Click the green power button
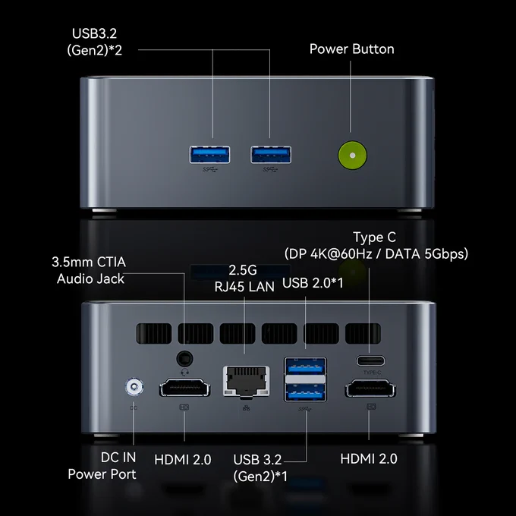pos(352,156)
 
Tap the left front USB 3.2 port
pos(209,155)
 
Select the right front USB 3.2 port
pos(271,155)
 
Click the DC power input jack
pos(134,387)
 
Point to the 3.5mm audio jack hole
pos(184,358)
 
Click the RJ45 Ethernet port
pos(247,381)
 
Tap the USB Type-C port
pos(370,360)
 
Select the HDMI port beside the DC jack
pos(184,388)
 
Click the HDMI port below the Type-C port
pos(370,389)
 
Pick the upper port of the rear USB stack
pos(305,366)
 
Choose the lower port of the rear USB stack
pos(305,392)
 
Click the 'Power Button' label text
pos(352,49)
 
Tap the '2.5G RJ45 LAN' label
pos(244,278)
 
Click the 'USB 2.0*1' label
pos(313,283)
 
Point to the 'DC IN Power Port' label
pos(102,466)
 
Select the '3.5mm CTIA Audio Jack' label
pos(90,270)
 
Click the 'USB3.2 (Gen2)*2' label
pos(94,42)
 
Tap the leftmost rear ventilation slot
pos(154,333)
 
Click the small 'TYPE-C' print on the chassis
pos(372,373)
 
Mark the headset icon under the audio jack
pos(184,372)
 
